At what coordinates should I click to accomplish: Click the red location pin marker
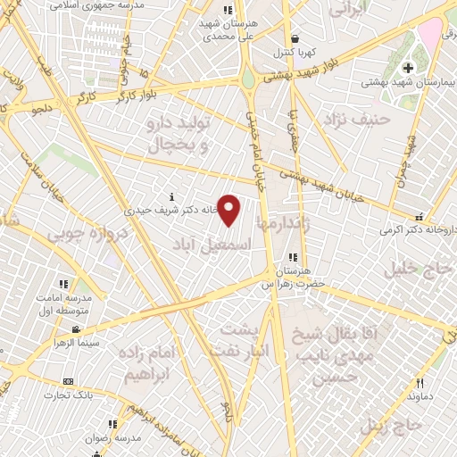pyautogui.click(x=229, y=210)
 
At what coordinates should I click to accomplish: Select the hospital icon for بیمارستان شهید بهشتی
pyautogui.click(x=409, y=68)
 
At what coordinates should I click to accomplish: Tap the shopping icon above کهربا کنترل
pyautogui.click(x=295, y=37)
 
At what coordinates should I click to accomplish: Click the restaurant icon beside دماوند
pyautogui.click(x=420, y=383)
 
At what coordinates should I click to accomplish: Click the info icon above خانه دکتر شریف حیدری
pyautogui.click(x=170, y=196)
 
